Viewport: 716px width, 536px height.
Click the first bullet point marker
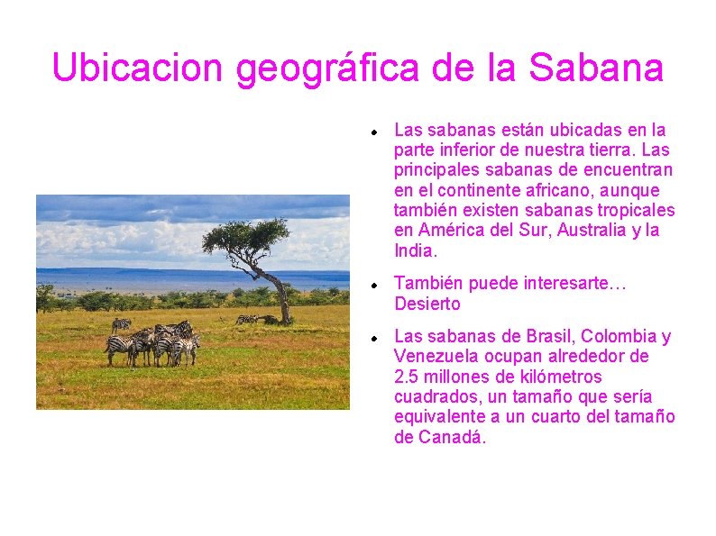pos(372,131)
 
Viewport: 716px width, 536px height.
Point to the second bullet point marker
pos(372,285)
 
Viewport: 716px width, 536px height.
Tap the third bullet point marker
pos(372,338)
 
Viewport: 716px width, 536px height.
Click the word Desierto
pos(427,304)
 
